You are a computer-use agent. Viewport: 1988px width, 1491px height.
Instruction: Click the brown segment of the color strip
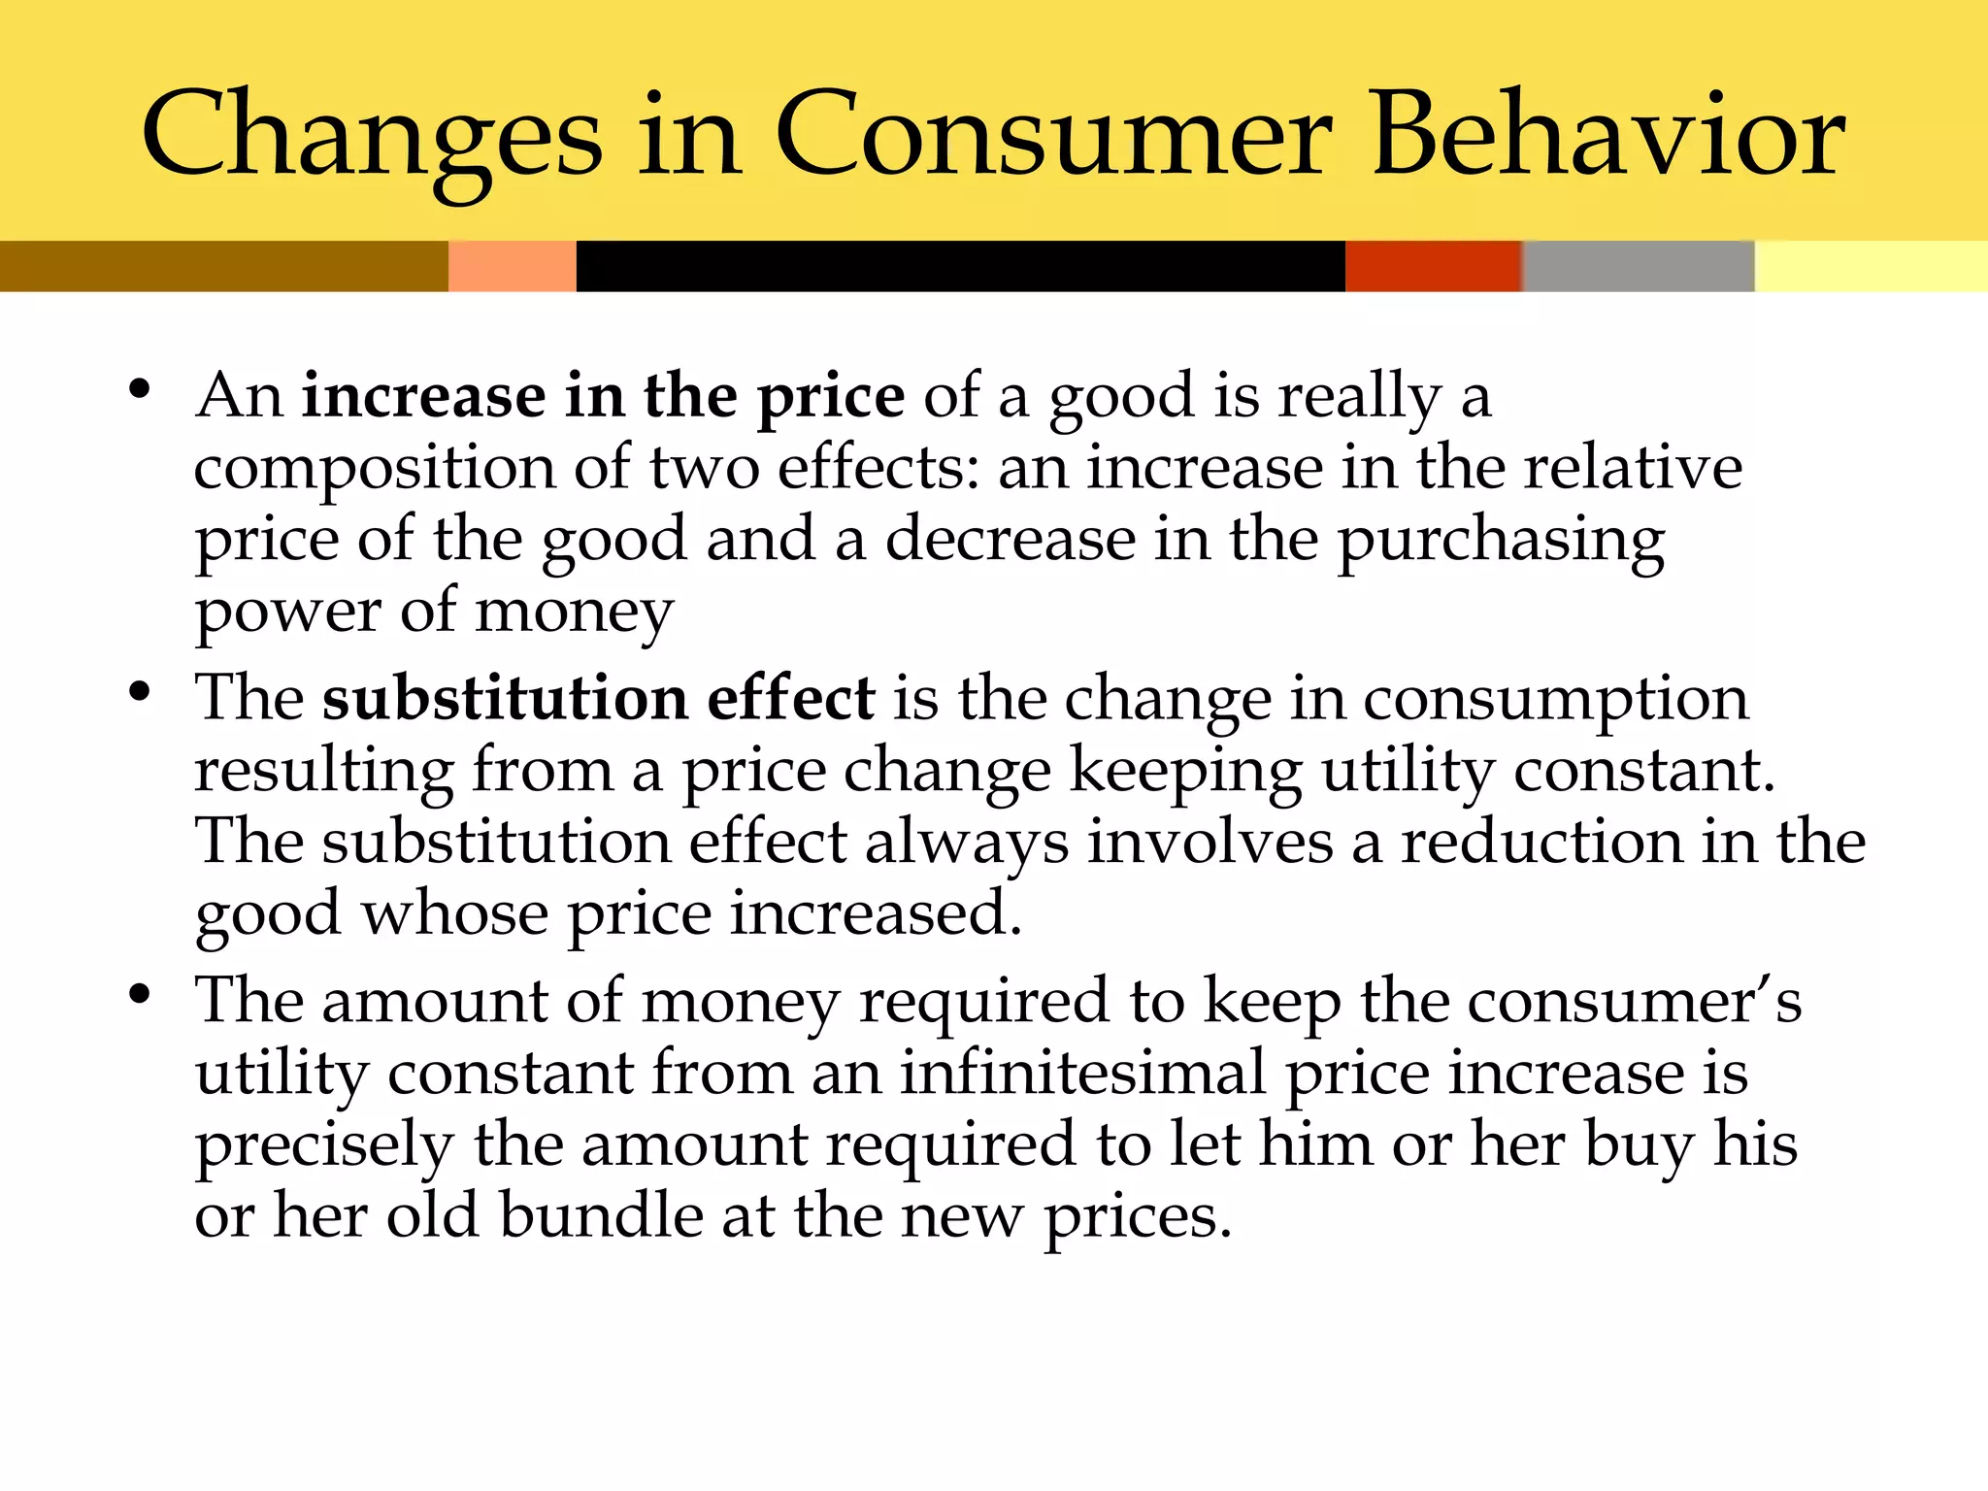(x=223, y=266)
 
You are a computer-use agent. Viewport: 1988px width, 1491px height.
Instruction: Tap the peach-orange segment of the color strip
(x=512, y=266)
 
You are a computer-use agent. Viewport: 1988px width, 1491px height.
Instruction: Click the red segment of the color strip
(x=1432, y=266)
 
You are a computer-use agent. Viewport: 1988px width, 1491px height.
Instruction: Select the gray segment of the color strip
(x=1638, y=266)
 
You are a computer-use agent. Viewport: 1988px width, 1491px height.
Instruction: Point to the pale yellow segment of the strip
(x=1871, y=266)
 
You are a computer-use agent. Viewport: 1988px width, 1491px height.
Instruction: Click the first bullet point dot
(x=140, y=390)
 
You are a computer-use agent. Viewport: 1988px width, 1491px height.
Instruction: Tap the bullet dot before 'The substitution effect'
(x=140, y=693)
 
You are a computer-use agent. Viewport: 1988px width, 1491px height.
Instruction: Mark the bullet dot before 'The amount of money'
(x=140, y=995)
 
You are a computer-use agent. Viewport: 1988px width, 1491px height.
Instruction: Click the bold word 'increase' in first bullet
(x=423, y=397)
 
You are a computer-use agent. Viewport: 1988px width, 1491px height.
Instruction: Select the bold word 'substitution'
(x=505, y=699)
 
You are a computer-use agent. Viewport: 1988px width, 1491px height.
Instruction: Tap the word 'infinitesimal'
(x=1082, y=1074)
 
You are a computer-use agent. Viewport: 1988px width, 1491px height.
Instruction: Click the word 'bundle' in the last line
(x=601, y=1216)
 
